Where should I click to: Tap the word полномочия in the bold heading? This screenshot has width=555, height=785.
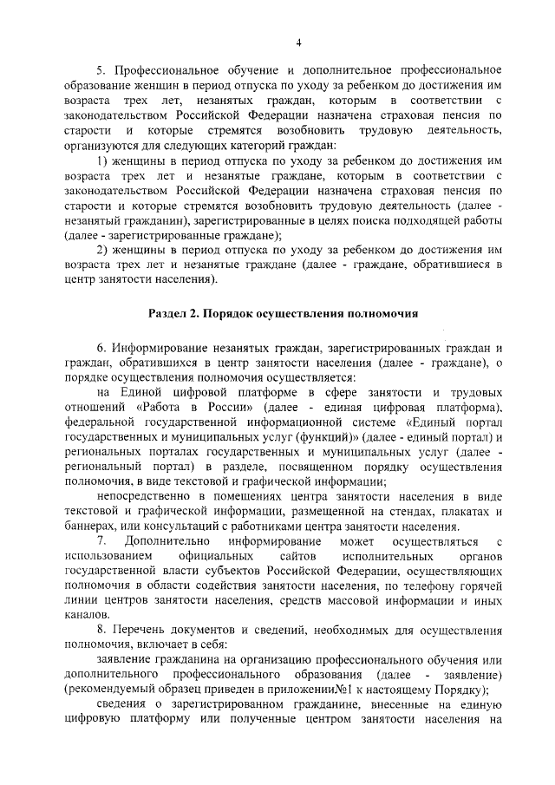(x=379, y=313)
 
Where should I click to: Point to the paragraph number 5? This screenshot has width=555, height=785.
(x=100, y=69)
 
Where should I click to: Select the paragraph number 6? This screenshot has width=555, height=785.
(x=100, y=350)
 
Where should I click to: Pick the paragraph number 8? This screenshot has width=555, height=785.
(x=100, y=629)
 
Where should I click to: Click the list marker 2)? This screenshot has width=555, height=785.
(x=101, y=249)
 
